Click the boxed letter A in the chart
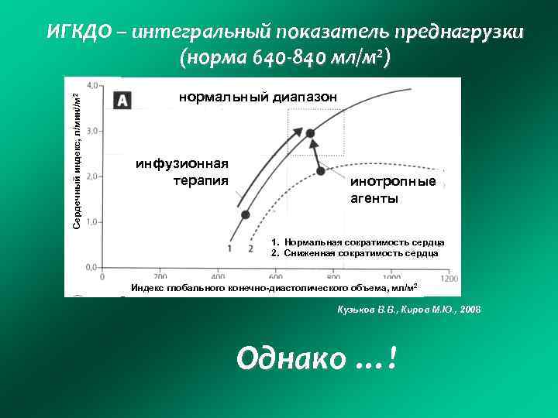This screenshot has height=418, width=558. [x=122, y=100]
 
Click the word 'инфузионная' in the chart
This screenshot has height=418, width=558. [x=182, y=163]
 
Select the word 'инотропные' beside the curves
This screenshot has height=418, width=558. [x=393, y=182]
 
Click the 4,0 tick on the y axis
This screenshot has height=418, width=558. [x=91, y=84]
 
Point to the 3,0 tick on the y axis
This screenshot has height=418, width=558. [x=91, y=131]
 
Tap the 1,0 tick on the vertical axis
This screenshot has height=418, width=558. [x=91, y=222]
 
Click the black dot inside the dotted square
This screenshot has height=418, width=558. [x=310, y=134]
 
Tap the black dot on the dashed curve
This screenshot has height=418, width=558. [x=320, y=170]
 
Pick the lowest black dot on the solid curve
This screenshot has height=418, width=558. [x=246, y=214]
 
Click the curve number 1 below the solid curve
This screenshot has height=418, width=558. [x=230, y=248]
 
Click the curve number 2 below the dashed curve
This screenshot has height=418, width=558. [x=250, y=248]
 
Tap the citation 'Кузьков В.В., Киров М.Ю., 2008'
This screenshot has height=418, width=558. [x=408, y=309]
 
